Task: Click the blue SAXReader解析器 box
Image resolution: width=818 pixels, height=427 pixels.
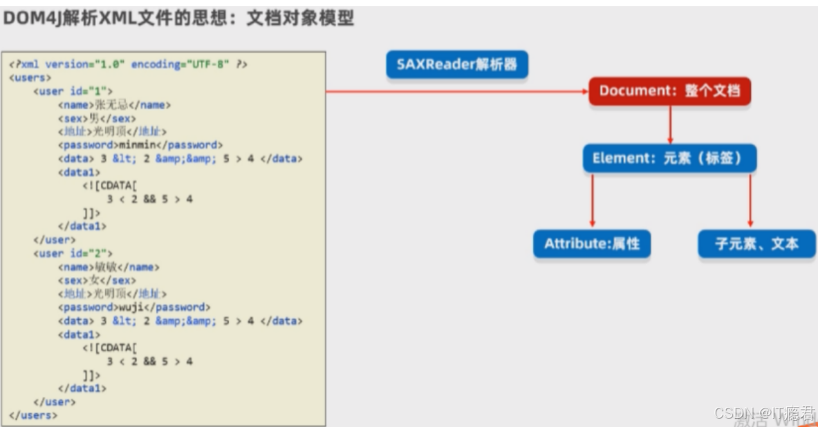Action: point(456,65)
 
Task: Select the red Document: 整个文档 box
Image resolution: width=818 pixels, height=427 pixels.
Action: point(669,91)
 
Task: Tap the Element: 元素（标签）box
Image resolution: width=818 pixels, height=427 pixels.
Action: point(669,158)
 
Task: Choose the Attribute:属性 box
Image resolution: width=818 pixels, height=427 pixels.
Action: point(592,244)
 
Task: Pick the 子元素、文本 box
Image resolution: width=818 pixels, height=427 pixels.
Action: point(756,244)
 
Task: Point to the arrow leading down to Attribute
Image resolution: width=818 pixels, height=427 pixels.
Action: point(592,200)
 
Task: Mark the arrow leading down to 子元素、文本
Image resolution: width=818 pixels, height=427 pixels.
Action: point(750,200)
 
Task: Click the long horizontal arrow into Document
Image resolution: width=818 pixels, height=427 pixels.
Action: point(456,91)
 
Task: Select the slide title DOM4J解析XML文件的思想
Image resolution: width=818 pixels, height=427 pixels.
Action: point(178,19)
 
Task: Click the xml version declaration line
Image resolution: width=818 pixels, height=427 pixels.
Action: point(129,64)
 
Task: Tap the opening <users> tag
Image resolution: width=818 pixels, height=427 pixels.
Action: point(30,77)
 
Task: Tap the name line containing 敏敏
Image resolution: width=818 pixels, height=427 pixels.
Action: point(109,267)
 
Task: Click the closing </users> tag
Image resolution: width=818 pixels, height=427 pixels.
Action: point(33,415)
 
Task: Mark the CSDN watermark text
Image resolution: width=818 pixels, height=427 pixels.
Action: point(764,413)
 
